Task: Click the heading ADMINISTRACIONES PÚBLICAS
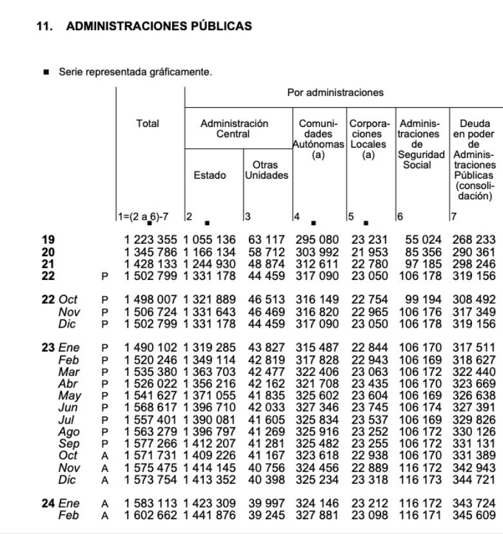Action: point(159,26)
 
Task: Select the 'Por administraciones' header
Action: point(335,93)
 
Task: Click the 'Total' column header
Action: point(148,123)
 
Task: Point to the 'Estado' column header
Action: point(210,175)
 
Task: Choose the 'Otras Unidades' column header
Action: point(266,170)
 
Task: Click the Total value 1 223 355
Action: point(152,240)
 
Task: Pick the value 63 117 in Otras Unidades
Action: point(266,240)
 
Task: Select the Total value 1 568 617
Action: point(152,408)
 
